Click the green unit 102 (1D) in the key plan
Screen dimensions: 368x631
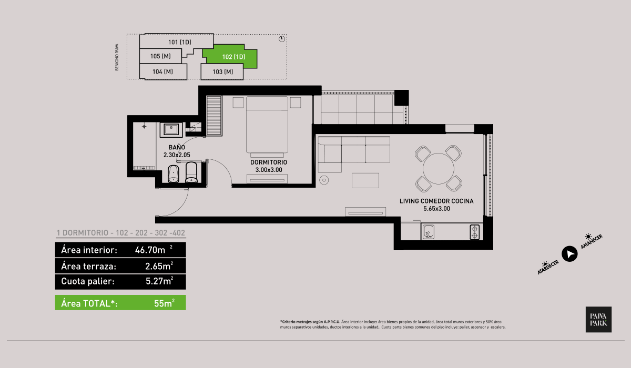click(x=233, y=57)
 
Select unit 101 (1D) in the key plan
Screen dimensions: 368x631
click(x=179, y=42)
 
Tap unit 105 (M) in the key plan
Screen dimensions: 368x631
click(x=160, y=56)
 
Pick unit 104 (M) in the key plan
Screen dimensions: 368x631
click(x=162, y=71)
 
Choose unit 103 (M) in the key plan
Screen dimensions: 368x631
click(x=222, y=71)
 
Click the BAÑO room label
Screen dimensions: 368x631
click(x=176, y=148)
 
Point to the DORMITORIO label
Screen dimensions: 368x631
click(x=268, y=162)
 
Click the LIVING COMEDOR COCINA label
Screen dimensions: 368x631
click(x=436, y=201)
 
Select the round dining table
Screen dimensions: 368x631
click(x=439, y=168)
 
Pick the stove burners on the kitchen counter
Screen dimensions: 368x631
click(x=475, y=231)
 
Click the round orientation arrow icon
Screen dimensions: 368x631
click(x=569, y=254)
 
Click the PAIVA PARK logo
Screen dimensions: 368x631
click(x=598, y=319)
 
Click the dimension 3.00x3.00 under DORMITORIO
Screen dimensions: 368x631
click(x=268, y=170)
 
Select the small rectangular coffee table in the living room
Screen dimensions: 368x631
click(x=365, y=180)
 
